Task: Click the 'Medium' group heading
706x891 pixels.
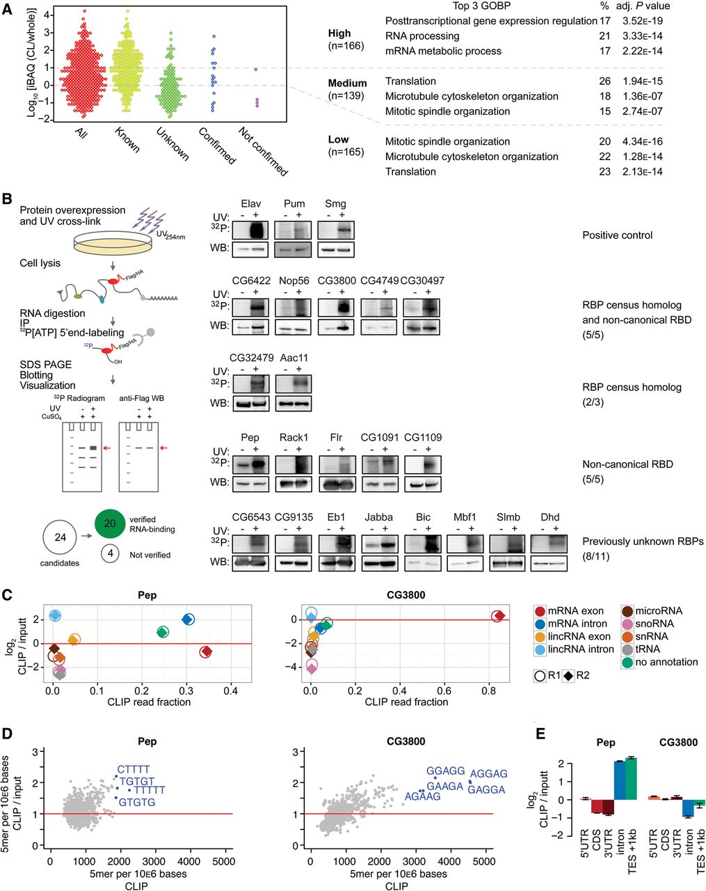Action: tap(347, 83)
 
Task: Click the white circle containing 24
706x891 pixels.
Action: tap(59, 538)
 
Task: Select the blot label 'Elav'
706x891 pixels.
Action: tap(252, 204)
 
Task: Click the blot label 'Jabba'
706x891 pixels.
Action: tap(378, 517)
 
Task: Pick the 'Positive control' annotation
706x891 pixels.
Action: tap(617, 235)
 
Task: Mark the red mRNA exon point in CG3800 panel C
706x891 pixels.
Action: tap(498, 616)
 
